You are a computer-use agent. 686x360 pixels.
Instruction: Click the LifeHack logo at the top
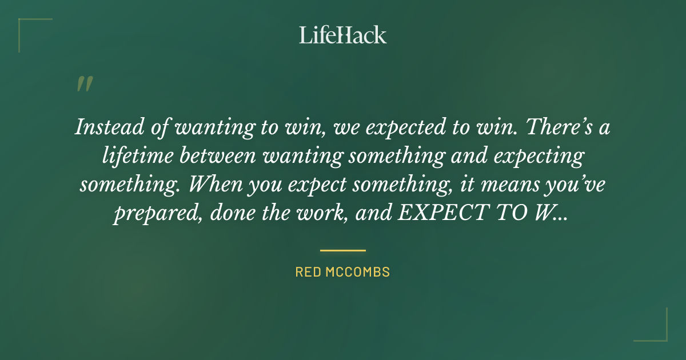point(343,35)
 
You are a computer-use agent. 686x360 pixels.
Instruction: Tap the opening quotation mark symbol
point(84,85)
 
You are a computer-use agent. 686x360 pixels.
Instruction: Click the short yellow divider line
point(343,250)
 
